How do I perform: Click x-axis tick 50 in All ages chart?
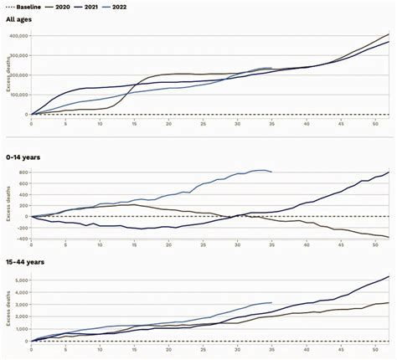(x=375, y=123)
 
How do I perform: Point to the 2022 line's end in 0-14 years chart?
(x=271, y=172)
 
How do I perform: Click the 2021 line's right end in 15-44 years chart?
(x=389, y=276)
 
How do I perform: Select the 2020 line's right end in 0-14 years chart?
(x=389, y=237)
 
